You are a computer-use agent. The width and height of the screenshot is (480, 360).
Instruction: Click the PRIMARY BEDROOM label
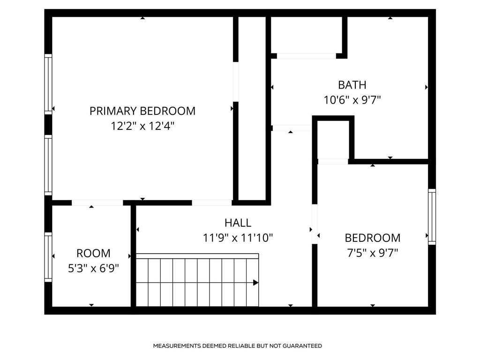[x=142, y=111]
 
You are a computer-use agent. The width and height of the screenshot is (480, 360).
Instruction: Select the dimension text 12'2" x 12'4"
[x=142, y=126]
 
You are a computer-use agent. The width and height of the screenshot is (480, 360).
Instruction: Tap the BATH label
[x=352, y=85]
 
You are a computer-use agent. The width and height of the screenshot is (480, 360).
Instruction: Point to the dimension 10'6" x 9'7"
[x=352, y=100]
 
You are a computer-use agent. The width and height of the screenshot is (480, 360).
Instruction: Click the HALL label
[x=238, y=223]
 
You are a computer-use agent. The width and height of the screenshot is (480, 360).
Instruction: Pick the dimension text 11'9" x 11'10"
[x=238, y=238]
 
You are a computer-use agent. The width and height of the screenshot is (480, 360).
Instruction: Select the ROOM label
[x=93, y=253]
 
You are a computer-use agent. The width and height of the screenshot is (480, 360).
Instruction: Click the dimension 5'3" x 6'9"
[x=93, y=268]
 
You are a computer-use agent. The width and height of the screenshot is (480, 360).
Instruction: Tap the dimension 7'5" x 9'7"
[x=373, y=253]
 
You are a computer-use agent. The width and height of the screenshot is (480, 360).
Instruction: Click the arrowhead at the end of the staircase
[x=255, y=282]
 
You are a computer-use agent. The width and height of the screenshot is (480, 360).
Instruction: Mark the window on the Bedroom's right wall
[x=432, y=217]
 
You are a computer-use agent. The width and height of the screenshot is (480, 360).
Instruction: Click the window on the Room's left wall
[x=48, y=257]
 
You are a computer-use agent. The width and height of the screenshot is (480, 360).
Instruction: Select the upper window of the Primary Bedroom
[x=48, y=84]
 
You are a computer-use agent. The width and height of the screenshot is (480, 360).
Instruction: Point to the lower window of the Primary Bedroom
[x=48, y=165]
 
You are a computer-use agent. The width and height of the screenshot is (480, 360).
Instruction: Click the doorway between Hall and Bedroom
[x=315, y=224]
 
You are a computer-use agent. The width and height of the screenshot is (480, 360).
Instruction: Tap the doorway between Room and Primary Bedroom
[x=97, y=203]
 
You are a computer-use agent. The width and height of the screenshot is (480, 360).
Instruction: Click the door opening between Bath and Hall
[x=291, y=128]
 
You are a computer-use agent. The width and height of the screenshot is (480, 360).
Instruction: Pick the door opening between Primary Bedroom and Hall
[x=211, y=203]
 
